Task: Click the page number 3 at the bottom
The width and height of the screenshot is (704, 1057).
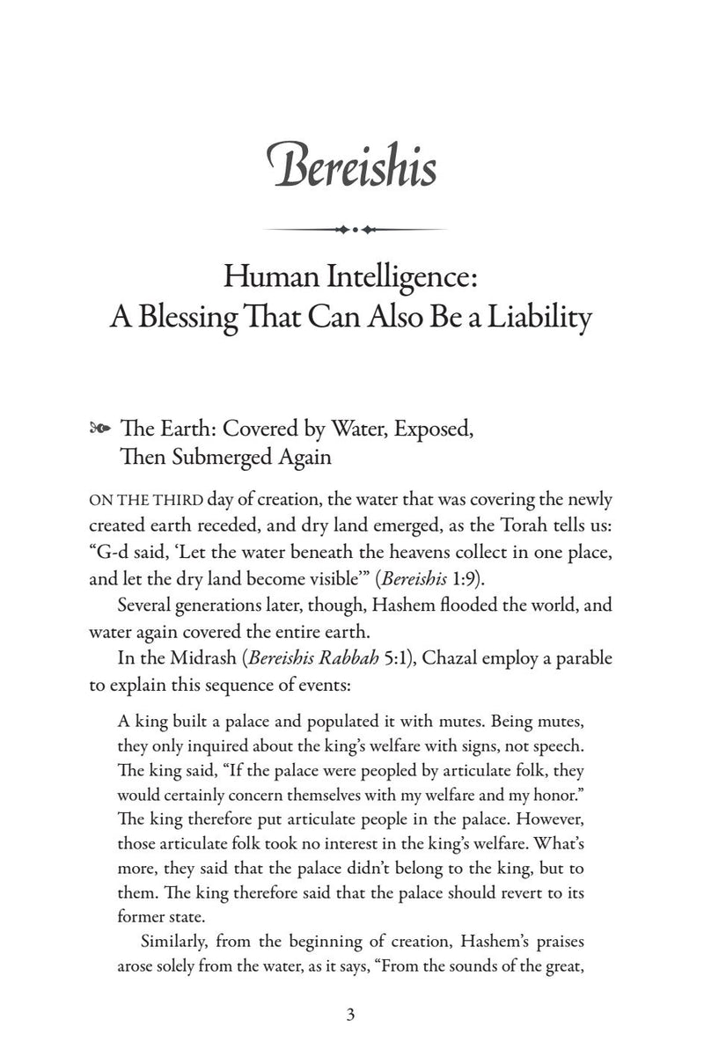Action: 351,1013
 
